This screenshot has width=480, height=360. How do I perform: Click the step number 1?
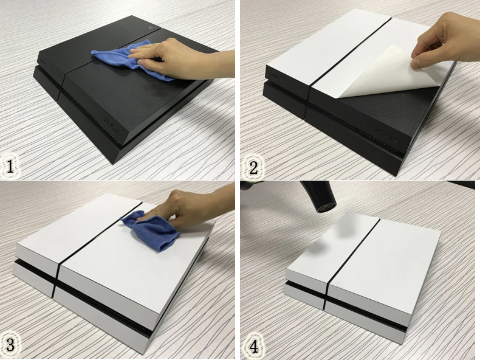click(10, 167)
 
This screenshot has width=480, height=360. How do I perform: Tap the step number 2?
click(253, 167)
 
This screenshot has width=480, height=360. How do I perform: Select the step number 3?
click(10, 345)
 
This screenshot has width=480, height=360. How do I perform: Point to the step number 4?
click(254, 347)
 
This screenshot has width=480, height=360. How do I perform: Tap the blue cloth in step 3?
click(153, 230)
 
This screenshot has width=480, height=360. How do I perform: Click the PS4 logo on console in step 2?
click(386, 135)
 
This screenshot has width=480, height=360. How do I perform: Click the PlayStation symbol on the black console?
click(149, 27)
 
